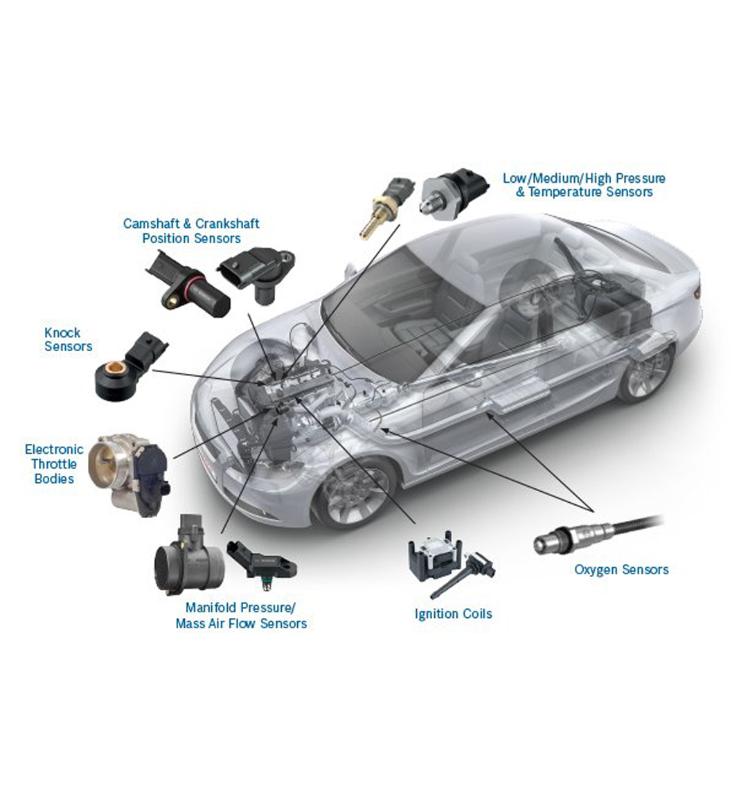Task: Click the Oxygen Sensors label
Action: (x=621, y=570)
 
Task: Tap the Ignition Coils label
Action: (x=453, y=614)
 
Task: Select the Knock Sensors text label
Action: (x=68, y=339)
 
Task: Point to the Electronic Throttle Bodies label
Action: (x=54, y=464)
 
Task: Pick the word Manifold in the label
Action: (x=211, y=607)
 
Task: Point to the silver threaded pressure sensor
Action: (x=454, y=193)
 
